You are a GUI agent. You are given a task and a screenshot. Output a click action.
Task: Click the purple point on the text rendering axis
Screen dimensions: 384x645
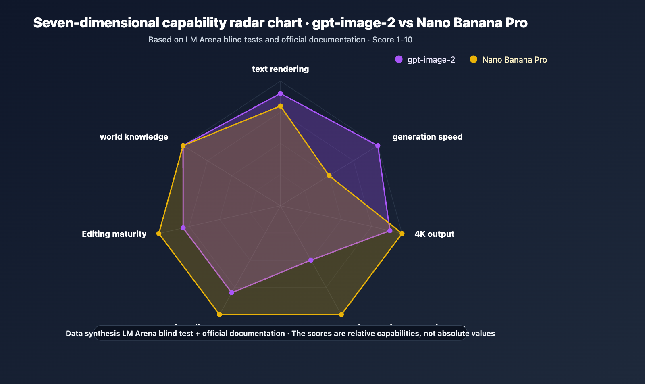(x=281, y=94)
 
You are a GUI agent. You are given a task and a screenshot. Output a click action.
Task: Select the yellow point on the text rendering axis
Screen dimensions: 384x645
(x=281, y=106)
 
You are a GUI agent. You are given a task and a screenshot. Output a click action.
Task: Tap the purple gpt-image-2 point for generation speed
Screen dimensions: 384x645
(x=378, y=146)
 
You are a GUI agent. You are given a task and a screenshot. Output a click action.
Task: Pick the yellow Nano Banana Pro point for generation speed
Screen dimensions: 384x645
(x=329, y=176)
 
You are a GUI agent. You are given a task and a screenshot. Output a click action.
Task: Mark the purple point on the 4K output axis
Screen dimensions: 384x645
(x=390, y=231)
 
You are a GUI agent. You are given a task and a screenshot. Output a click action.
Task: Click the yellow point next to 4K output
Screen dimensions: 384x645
(x=402, y=234)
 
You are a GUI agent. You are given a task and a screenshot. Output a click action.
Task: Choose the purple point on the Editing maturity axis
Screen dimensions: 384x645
(x=183, y=228)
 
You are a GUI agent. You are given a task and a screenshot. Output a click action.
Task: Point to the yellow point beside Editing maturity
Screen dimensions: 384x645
(x=159, y=234)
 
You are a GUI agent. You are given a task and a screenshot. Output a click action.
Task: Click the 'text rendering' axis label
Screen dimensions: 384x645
(x=280, y=69)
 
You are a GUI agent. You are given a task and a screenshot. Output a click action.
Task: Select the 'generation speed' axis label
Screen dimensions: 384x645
(x=427, y=137)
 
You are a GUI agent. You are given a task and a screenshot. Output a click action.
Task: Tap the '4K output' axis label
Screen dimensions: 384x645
(x=434, y=234)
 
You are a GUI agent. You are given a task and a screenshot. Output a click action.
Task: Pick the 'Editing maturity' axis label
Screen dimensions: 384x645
(x=114, y=234)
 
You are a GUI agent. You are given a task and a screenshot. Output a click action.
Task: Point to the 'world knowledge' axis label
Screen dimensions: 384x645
(x=134, y=137)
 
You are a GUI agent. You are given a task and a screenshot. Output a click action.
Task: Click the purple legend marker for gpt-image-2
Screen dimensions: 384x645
(x=399, y=59)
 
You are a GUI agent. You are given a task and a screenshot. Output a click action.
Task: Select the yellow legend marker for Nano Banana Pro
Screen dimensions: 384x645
(x=474, y=59)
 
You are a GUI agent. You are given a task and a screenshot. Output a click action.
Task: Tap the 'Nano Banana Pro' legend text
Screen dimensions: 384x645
(x=514, y=60)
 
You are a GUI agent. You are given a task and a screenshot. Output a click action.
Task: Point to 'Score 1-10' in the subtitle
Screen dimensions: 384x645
(x=392, y=40)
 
